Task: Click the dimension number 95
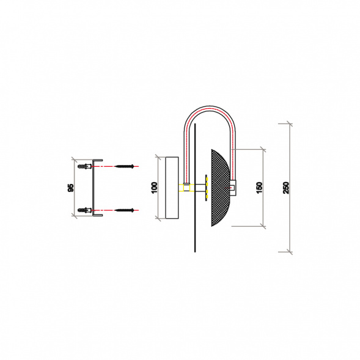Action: click(x=71, y=188)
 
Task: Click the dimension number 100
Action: click(x=155, y=188)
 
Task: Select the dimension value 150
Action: click(x=259, y=188)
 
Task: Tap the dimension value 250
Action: click(x=286, y=188)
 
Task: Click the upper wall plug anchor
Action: click(x=85, y=166)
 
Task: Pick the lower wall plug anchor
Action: click(x=85, y=210)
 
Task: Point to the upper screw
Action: click(x=124, y=166)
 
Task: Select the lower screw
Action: click(x=124, y=210)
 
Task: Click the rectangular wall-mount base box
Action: click(x=172, y=188)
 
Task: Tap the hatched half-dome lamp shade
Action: click(x=220, y=188)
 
